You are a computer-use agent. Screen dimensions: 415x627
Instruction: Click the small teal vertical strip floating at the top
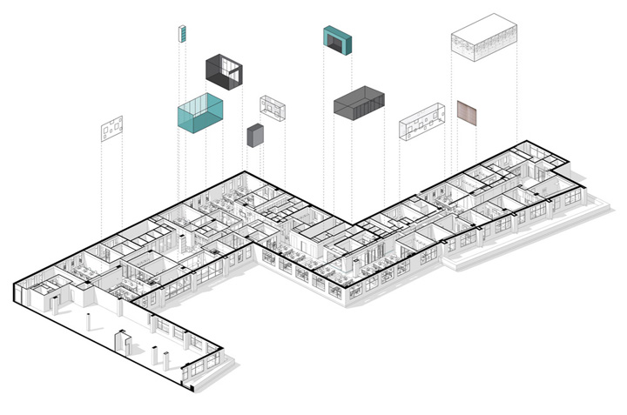coord(183,34)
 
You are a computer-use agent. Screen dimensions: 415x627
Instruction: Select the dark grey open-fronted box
coord(223,71)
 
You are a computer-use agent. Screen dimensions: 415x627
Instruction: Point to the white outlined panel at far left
coord(111,130)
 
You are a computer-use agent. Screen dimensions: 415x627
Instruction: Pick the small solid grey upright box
coord(255,137)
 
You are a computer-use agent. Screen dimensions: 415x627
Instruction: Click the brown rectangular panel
coord(468,113)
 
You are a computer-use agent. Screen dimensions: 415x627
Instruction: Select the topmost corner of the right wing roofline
coord(526,139)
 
